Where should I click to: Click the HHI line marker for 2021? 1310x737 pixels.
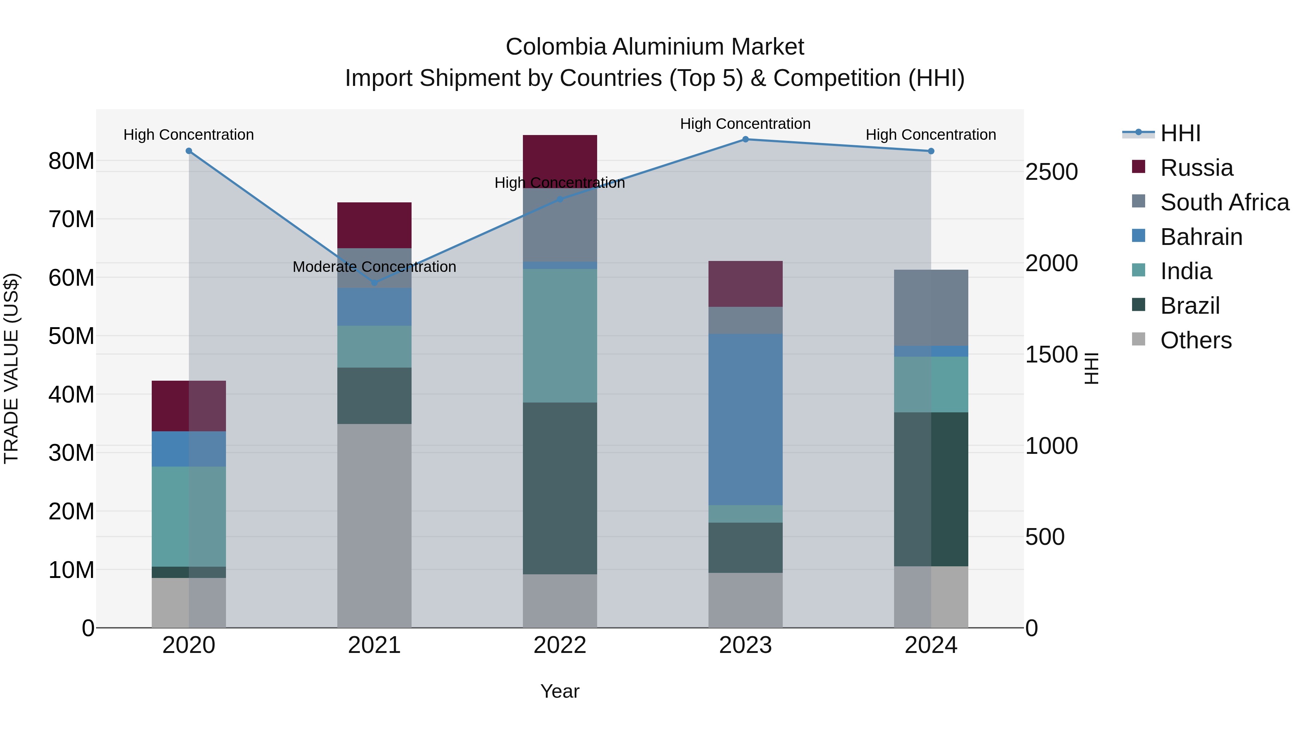pyautogui.click(x=374, y=283)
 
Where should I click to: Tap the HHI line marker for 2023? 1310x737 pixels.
pyautogui.click(x=746, y=139)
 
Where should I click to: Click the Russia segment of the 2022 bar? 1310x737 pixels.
pyautogui.click(x=560, y=155)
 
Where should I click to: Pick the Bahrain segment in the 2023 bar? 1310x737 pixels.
pyautogui.click(x=746, y=419)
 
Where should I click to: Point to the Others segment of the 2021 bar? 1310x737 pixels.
pyautogui.click(x=374, y=526)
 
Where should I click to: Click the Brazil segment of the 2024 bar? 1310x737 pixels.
pyautogui.click(x=931, y=489)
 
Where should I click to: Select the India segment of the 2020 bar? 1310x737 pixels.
pyautogui.click(x=188, y=516)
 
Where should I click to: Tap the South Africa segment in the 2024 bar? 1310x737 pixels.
pyautogui.click(x=931, y=308)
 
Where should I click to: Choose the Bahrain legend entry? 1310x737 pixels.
pyautogui.click(x=1201, y=237)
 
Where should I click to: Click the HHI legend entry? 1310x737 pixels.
pyautogui.click(x=1180, y=133)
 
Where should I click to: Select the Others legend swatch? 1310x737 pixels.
pyautogui.click(x=1139, y=339)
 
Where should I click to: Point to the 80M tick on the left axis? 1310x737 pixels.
pyautogui.click(x=71, y=161)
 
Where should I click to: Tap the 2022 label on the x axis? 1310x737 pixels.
pyautogui.click(x=560, y=645)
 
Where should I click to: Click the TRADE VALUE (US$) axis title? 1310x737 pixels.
pyautogui.click(x=11, y=368)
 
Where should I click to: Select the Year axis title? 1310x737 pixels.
pyautogui.click(x=560, y=691)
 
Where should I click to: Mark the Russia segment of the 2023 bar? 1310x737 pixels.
pyautogui.click(x=746, y=284)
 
